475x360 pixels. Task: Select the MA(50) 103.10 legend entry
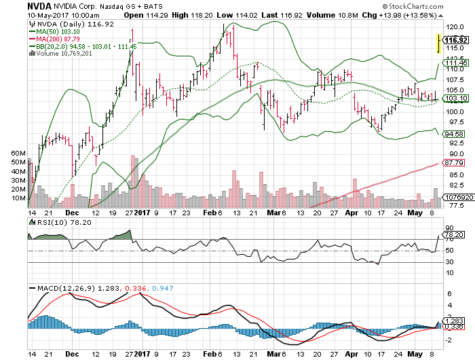pyautogui.click(x=54, y=32)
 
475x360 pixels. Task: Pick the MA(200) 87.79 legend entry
pyautogui.click(x=54, y=39)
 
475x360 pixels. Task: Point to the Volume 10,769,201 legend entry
pyautogui.click(x=60, y=53)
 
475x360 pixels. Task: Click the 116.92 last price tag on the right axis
pyautogui.click(x=453, y=40)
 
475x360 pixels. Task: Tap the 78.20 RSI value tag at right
pyautogui.click(x=454, y=235)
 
